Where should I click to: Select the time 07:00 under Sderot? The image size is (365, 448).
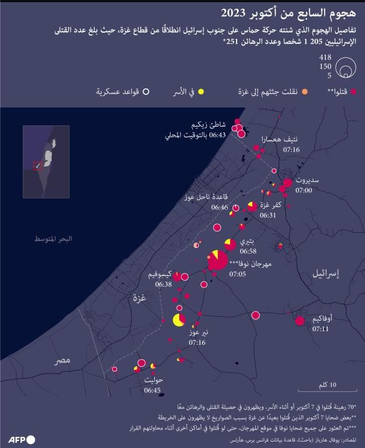pos(304,190)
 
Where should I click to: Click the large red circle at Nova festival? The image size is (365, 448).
pos(218,260)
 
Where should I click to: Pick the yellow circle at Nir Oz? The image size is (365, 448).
pos(179,320)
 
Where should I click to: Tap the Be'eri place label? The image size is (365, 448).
pos(247,241)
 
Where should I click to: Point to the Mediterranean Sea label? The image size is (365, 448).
pos(53,240)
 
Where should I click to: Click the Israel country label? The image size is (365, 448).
pos(326,273)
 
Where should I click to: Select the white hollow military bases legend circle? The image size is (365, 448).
pos(147,92)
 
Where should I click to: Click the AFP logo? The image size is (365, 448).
pos(22,439)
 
